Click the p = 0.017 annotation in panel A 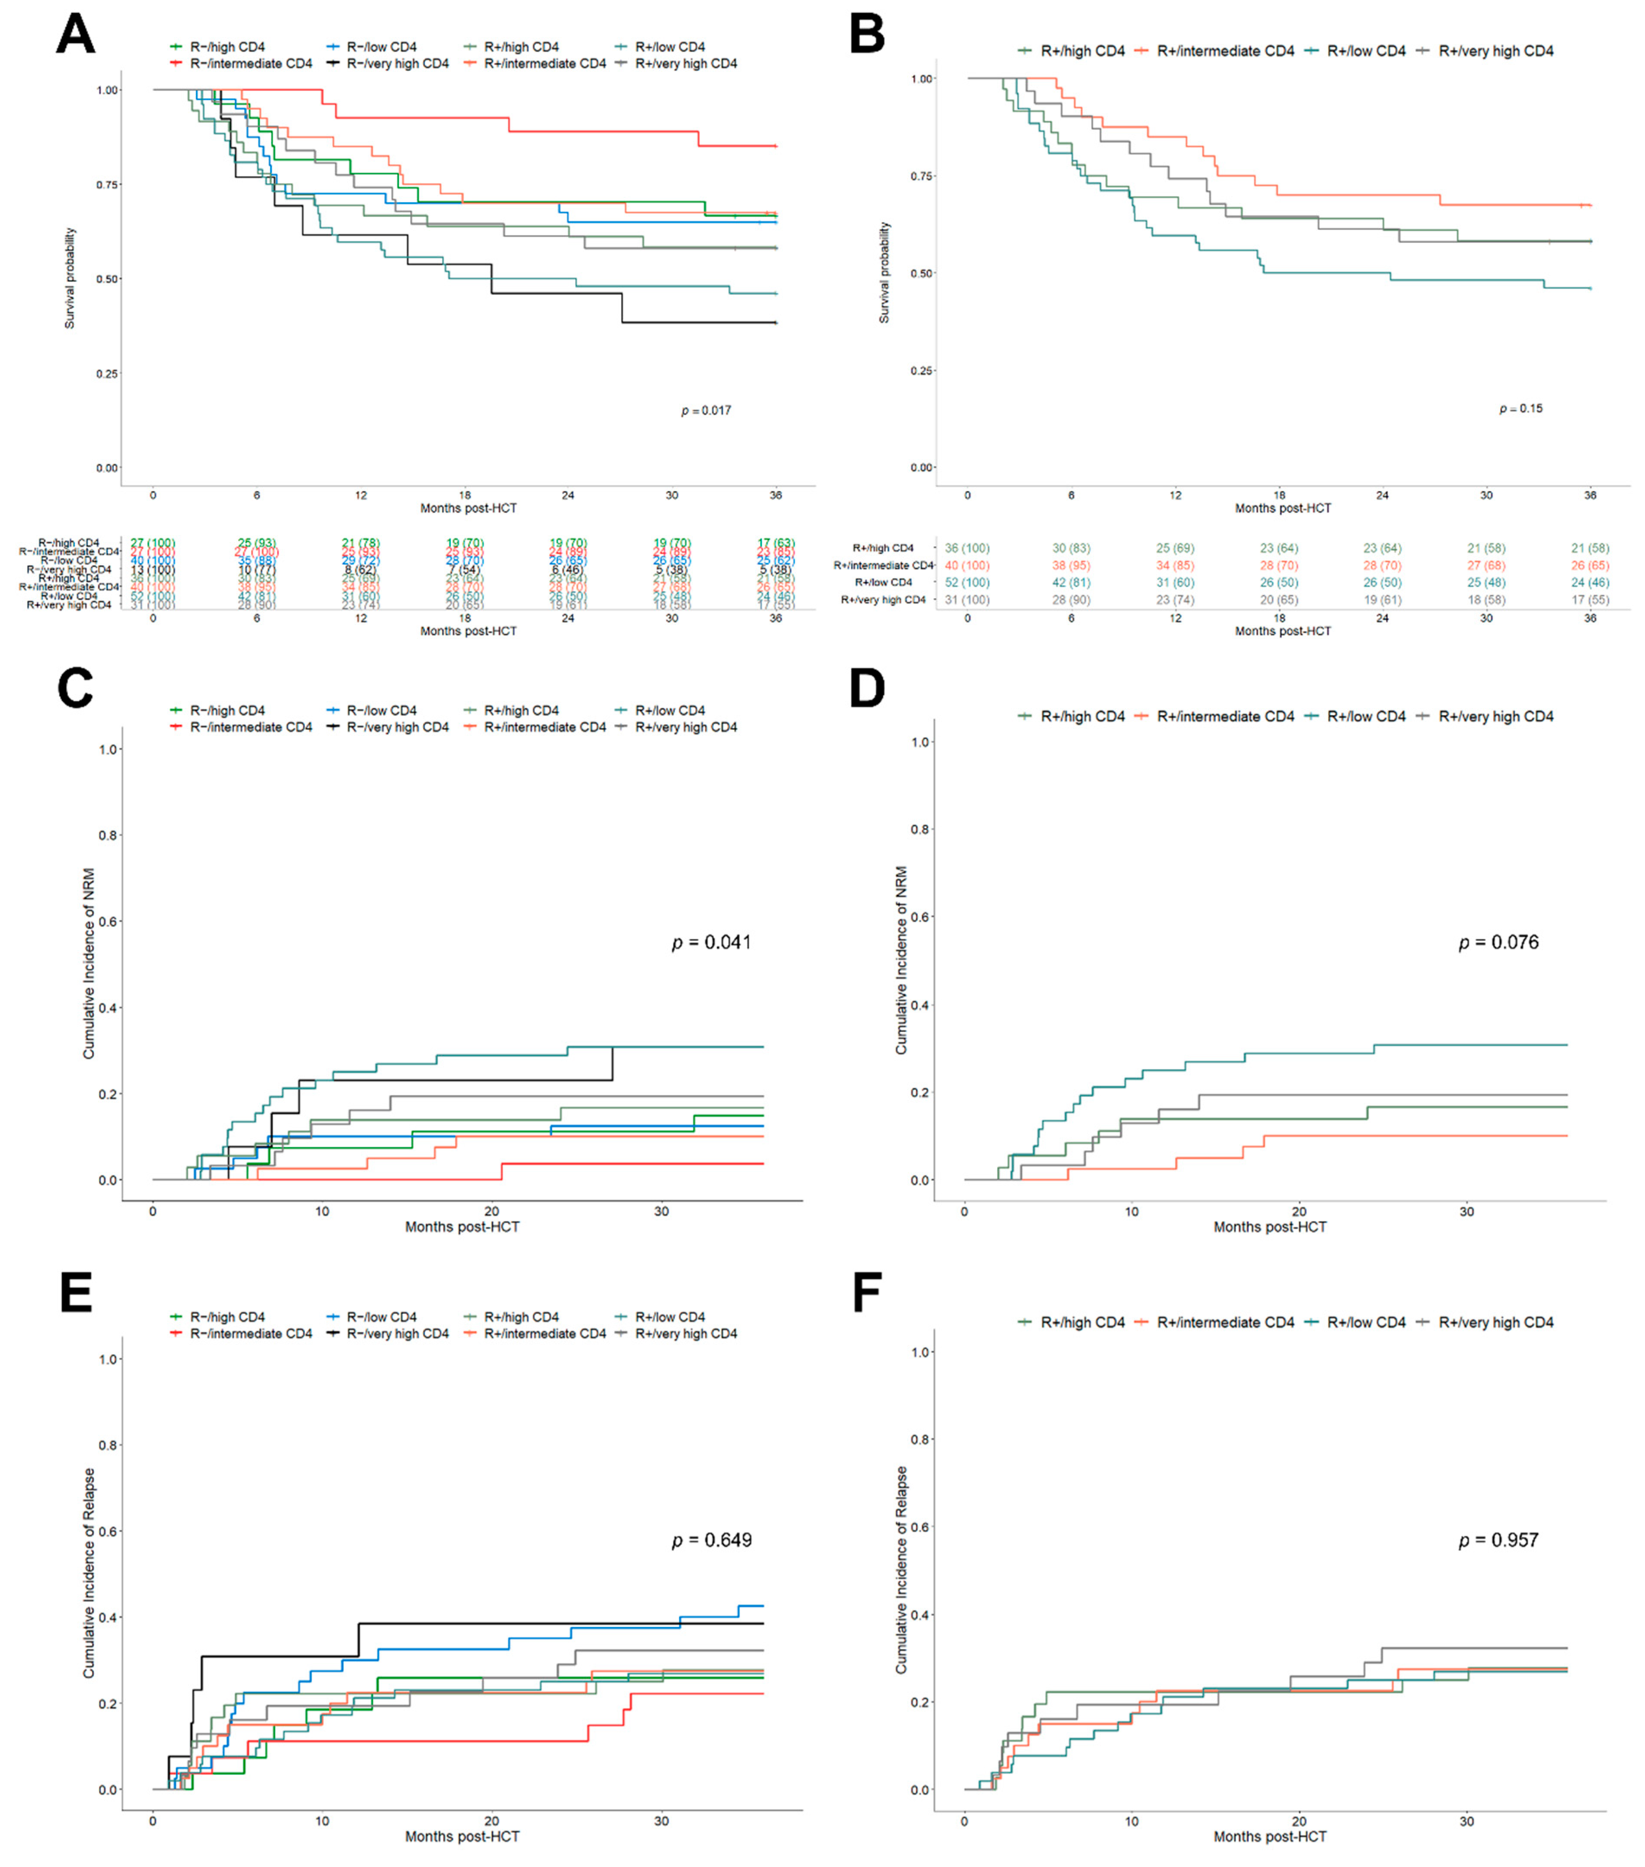(706, 411)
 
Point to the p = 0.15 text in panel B (1521, 409)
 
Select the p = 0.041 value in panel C (711, 942)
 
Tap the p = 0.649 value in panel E (711, 1540)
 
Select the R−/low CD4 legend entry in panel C (381, 710)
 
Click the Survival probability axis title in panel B (884, 272)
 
